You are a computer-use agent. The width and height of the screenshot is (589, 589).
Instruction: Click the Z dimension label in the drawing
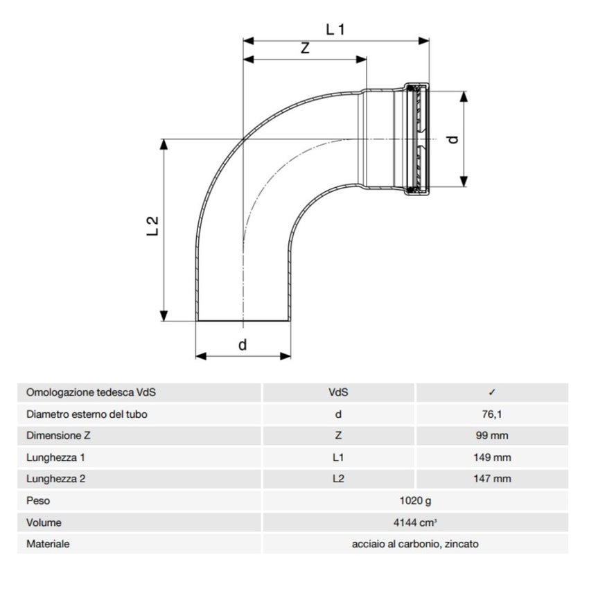[304, 49]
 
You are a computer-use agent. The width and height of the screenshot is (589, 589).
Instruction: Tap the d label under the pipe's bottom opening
[243, 344]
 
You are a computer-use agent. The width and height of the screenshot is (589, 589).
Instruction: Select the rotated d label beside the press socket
[452, 139]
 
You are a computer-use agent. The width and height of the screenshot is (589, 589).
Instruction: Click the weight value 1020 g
[415, 500]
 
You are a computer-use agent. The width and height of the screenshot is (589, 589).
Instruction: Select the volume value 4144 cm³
[415, 522]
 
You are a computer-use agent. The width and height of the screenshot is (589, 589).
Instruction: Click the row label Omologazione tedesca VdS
[91, 392]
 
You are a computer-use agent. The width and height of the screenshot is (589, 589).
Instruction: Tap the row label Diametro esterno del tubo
[87, 414]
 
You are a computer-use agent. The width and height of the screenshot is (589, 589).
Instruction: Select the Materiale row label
[48, 544]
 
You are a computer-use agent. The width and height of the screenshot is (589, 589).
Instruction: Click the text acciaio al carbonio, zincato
[415, 544]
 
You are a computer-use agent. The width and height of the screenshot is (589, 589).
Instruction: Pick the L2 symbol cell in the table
[338, 479]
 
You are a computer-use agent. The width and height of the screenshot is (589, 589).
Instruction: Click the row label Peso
[38, 500]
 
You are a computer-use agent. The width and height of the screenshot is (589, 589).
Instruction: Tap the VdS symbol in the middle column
[338, 392]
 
